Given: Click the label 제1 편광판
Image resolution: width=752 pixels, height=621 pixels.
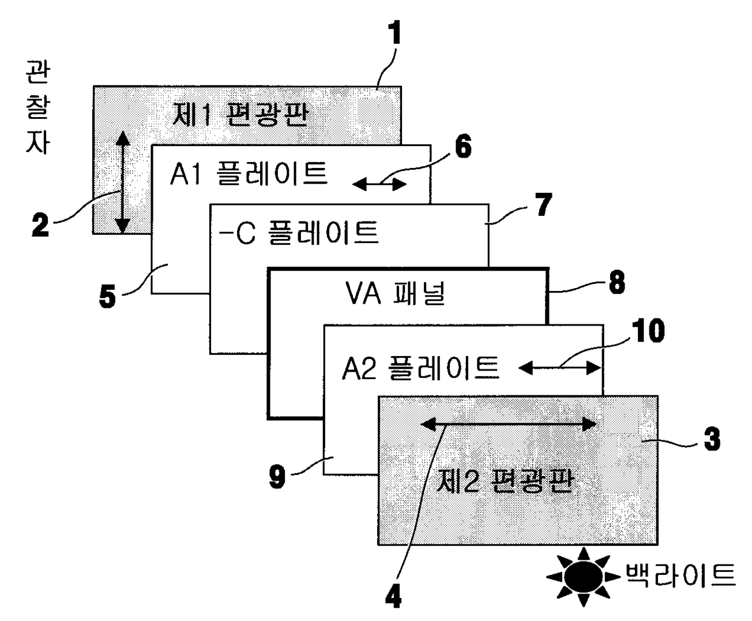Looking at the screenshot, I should click(239, 114).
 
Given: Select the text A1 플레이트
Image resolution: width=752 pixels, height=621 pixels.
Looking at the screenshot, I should click(249, 173).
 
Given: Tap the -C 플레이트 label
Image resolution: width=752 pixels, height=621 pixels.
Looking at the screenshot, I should click(298, 232).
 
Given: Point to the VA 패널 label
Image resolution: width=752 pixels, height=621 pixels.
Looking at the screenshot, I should click(395, 294).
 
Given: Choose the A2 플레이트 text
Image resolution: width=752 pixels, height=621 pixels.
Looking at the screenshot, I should click(420, 368).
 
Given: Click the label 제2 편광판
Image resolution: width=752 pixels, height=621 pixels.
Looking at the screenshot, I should click(505, 482).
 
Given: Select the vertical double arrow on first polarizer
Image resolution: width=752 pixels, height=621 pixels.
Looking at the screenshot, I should click(123, 182).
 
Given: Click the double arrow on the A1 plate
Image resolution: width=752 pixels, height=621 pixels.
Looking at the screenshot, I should click(380, 184).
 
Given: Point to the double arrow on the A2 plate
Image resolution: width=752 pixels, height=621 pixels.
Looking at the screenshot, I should click(559, 368).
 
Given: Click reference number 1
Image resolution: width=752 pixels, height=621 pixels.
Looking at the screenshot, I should click(395, 34).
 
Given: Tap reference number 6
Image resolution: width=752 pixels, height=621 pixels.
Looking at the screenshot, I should click(463, 147).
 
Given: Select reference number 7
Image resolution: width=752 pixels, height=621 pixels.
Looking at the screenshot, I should click(543, 205).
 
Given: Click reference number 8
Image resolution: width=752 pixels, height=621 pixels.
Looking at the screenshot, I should click(617, 283).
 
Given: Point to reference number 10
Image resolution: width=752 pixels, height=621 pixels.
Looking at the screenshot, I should click(648, 331).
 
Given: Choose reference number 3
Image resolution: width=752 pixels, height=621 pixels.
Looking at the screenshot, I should click(711, 438).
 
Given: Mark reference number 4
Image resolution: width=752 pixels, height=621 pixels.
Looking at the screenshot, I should click(393, 597).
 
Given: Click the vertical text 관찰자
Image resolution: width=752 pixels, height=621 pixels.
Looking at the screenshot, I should click(38, 108).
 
